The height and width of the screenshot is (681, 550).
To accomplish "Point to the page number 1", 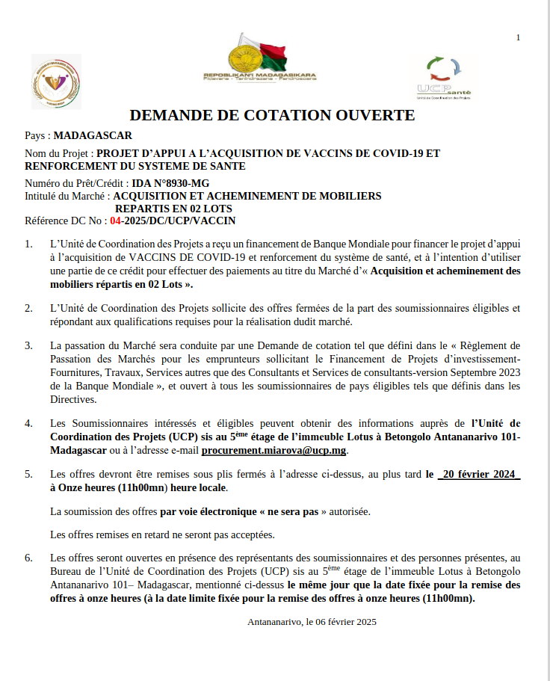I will pos(518,37).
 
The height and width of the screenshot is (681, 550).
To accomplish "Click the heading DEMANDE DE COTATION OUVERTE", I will pos(272,115).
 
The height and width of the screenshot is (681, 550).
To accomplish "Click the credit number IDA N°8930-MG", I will pos(171,182).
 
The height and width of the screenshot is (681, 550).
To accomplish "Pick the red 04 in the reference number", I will pos(116,221).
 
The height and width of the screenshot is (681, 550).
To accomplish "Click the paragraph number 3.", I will pos(29,345).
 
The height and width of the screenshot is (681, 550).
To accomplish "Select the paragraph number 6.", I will pos(29,558).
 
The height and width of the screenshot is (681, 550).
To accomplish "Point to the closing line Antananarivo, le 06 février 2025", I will pos(312,621).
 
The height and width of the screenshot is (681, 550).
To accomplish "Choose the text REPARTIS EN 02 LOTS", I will pos(173,208).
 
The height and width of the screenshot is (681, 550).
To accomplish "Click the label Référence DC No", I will pos(64,221).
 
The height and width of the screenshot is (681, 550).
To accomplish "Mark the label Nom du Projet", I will pos(58,153).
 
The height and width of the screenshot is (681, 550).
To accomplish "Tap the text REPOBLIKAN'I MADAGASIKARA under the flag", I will pos(259,76).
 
